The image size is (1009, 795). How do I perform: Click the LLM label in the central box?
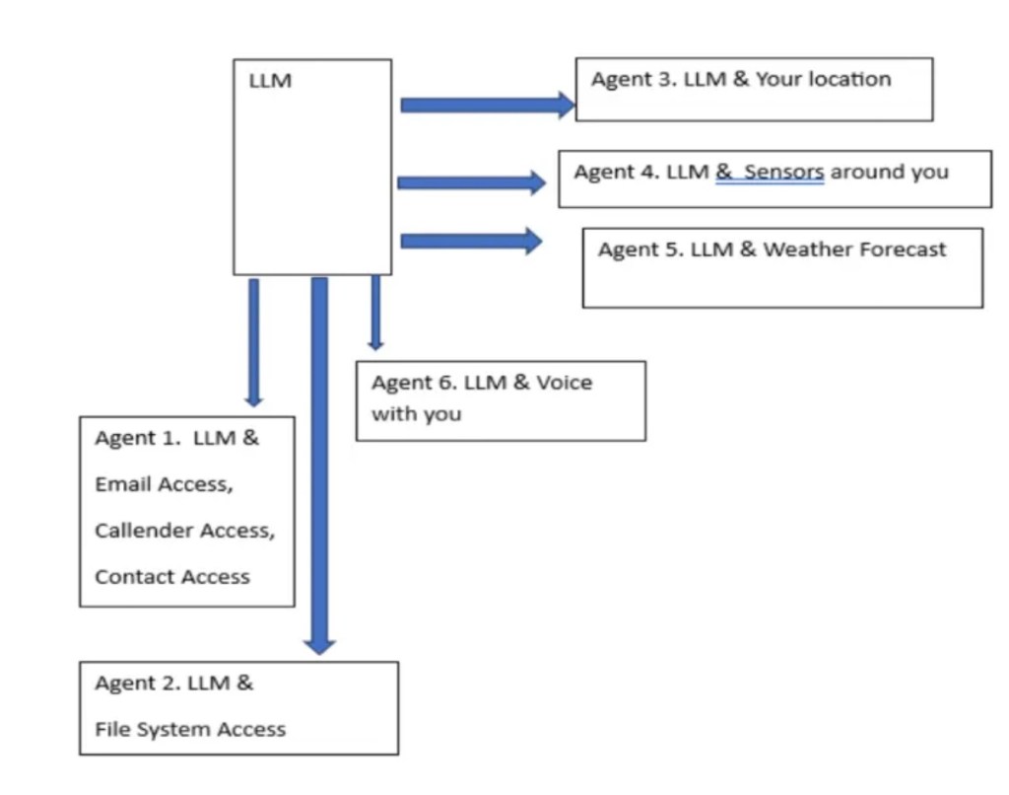tap(270, 82)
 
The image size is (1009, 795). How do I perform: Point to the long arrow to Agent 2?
tap(319, 464)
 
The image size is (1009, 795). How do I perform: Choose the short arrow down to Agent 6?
tap(375, 312)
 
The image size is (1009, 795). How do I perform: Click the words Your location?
tap(823, 80)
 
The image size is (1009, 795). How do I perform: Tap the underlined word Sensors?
tap(783, 173)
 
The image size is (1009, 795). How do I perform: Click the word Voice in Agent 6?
tap(564, 383)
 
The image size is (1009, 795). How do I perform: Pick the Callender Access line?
tap(184, 531)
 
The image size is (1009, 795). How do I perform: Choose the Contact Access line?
tap(171, 577)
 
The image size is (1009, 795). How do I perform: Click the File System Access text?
tap(190, 730)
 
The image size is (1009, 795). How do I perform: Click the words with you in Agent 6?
tap(416, 414)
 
